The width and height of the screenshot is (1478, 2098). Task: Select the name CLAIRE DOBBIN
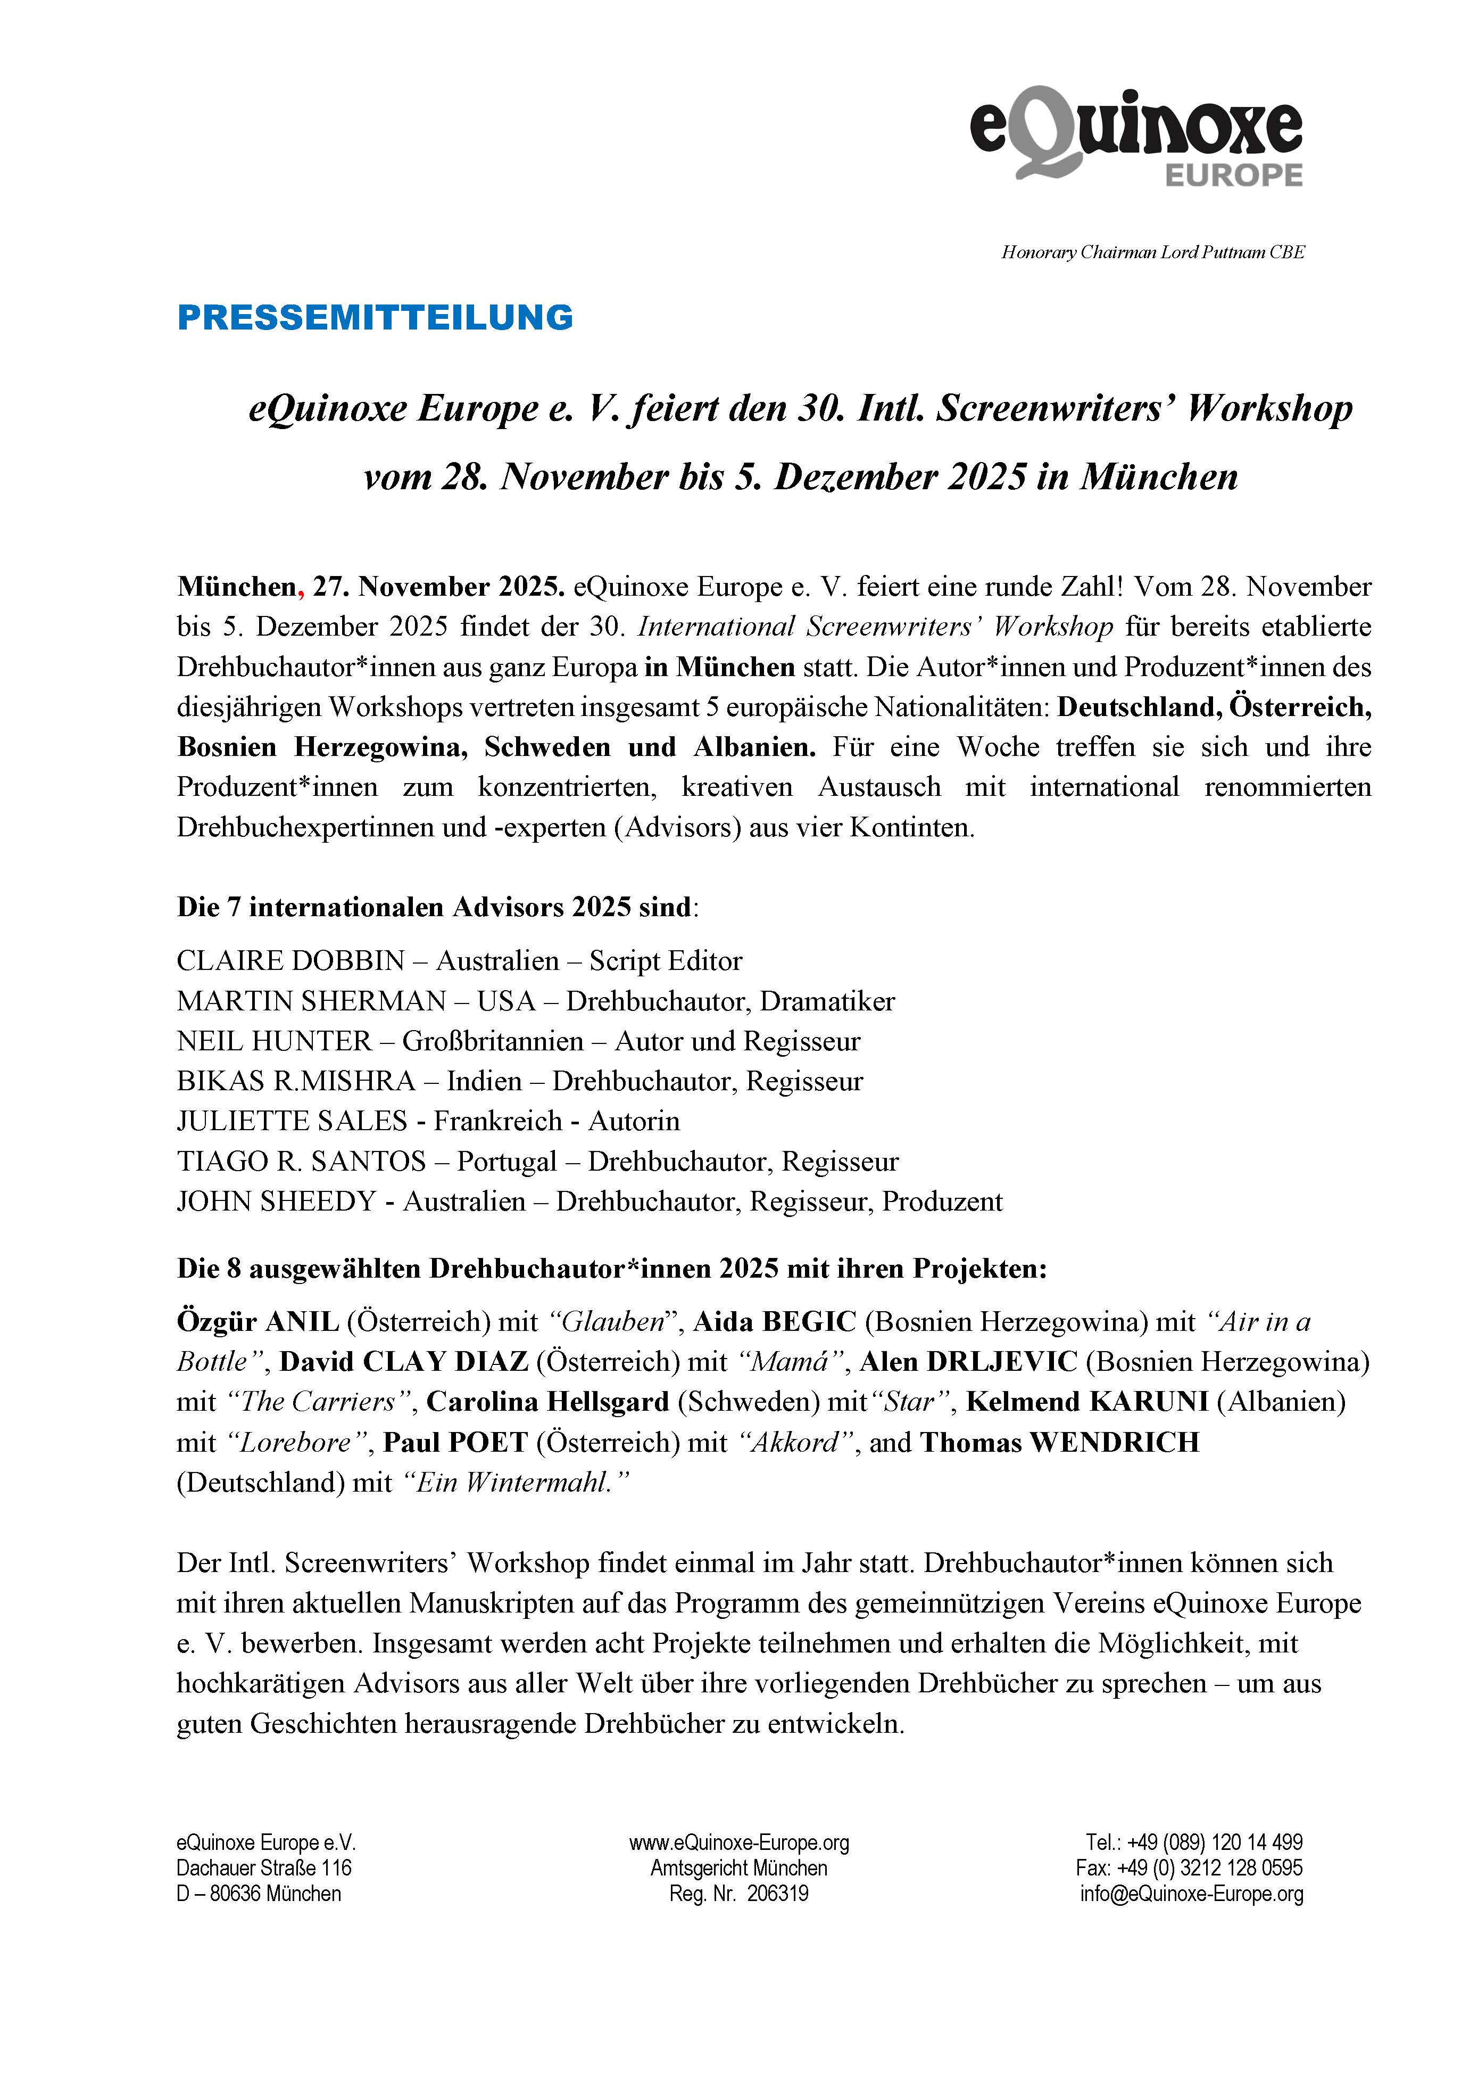pos(290,960)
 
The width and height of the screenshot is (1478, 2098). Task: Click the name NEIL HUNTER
pos(274,1041)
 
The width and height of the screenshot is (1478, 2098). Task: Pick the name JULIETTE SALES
pos(292,1121)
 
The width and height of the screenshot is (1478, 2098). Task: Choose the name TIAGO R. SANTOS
pos(302,1162)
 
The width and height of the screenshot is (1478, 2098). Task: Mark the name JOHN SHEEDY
pos(276,1202)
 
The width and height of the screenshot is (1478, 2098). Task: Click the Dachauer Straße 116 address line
pos(264,1869)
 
